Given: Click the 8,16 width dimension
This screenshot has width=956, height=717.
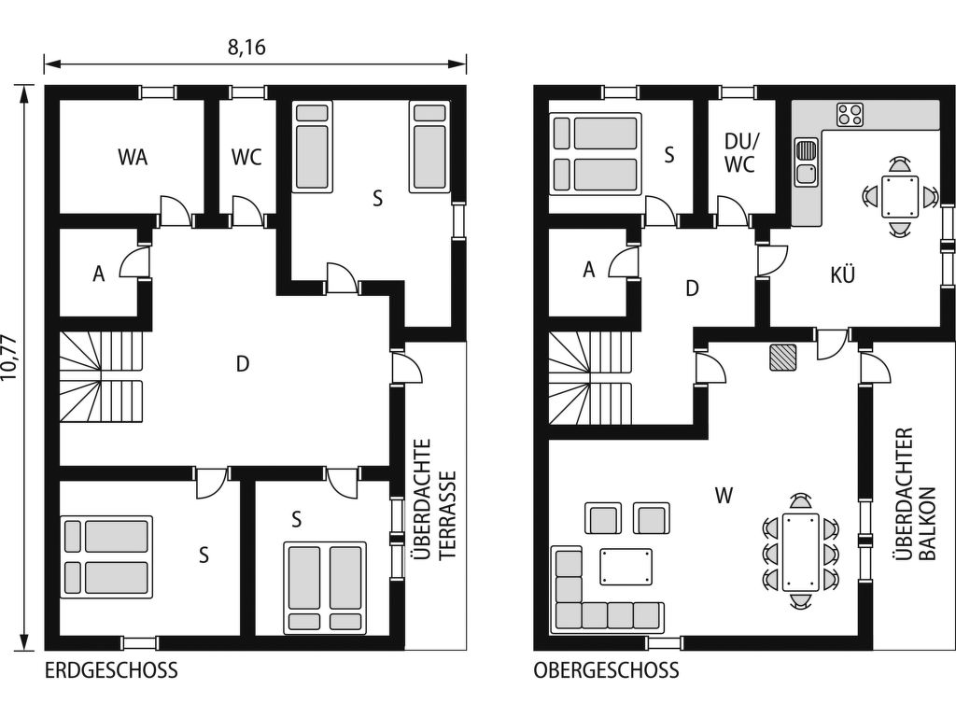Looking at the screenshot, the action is point(246,48).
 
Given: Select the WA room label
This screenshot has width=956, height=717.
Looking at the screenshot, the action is point(133,157).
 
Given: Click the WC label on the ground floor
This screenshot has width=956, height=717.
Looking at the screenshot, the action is point(246,157).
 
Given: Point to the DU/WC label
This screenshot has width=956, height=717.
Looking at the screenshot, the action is point(739,153).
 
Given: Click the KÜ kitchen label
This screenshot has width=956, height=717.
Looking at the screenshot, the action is point(843,274).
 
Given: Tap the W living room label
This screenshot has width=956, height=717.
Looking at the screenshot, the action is point(724,496).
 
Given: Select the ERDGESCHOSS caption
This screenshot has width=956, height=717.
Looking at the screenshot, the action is point(112,670).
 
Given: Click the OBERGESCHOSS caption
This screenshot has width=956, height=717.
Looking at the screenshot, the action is point(606,670).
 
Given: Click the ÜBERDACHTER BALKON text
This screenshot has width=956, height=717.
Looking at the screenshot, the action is point(914,495).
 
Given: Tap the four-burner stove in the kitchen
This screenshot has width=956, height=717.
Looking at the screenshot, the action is point(850,115).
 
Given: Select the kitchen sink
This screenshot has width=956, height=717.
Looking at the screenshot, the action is point(807,162).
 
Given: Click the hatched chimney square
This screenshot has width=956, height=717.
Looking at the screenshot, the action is point(783,358).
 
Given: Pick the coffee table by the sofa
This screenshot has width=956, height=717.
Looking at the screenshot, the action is point(626,567).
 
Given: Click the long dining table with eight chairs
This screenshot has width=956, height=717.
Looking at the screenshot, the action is point(800,552).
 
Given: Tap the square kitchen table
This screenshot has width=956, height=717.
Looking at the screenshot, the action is point(900,196).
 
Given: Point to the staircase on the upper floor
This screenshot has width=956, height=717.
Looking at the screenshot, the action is point(591,378).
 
